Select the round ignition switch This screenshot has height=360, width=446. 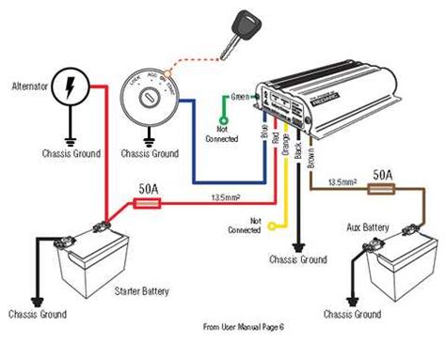[x=150, y=101]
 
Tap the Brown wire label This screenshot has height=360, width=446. [x=311, y=142]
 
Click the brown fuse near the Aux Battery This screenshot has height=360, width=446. [x=382, y=188]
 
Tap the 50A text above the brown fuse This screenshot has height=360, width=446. [x=382, y=174]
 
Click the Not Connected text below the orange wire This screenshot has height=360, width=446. [x=243, y=228]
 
